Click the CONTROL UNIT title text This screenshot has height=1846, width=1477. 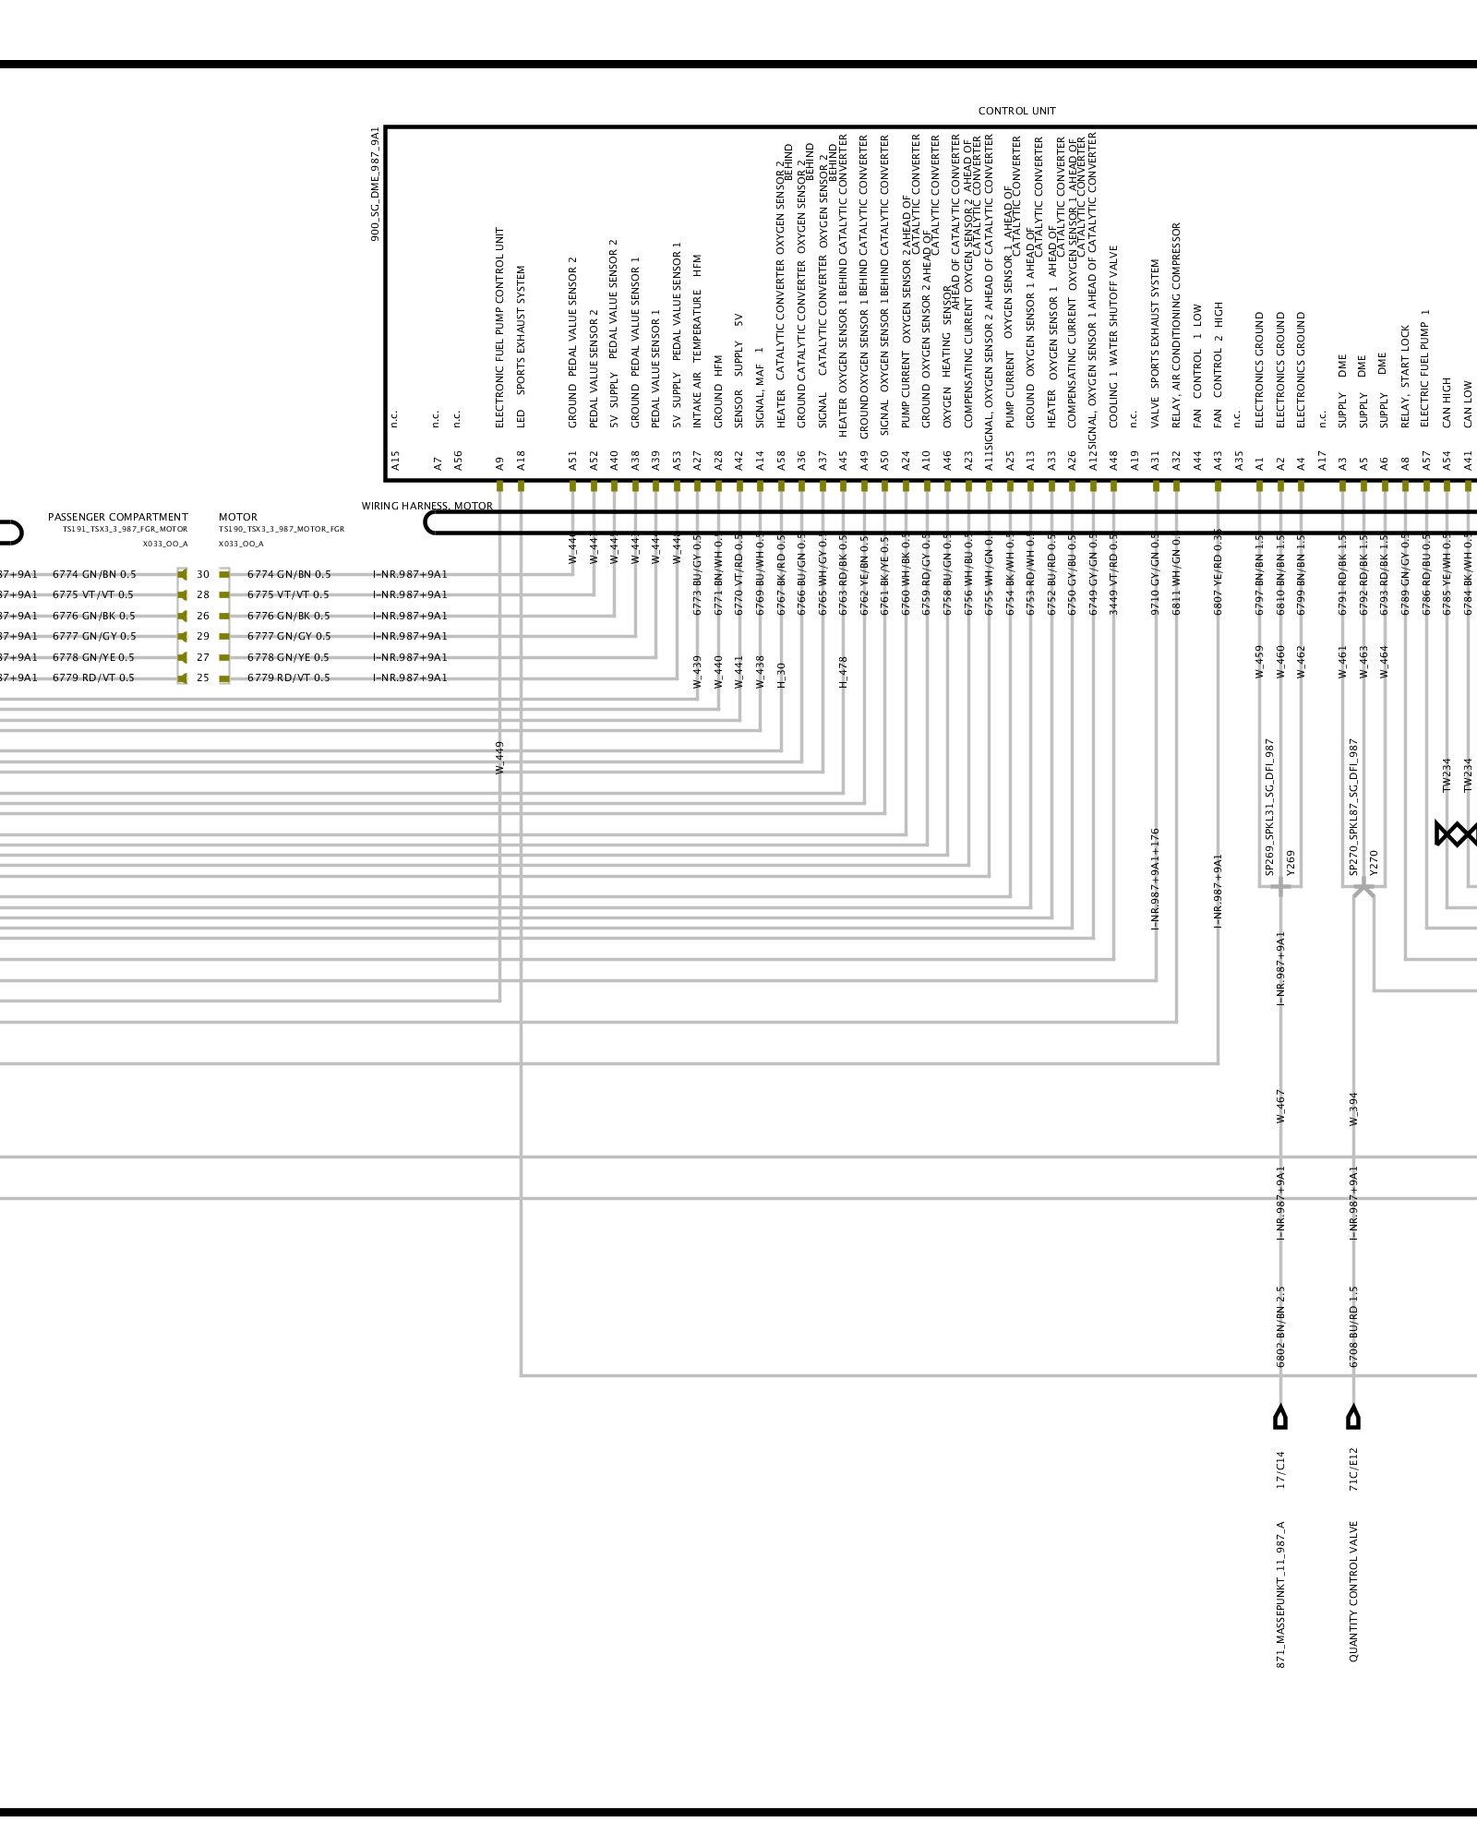tap(1016, 111)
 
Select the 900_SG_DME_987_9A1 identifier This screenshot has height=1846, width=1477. tap(375, 184)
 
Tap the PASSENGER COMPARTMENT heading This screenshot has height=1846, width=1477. tap(118, 517)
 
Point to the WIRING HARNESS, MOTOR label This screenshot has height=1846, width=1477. tap(426, 506)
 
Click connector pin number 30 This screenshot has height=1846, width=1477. tap(203, 574)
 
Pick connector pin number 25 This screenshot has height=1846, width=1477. tap(203, 677)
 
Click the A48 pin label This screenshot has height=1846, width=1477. tap(1113, 461)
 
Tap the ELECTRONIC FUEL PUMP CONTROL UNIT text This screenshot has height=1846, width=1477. tap(499, 328)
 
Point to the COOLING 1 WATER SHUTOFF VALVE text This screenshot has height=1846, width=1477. tap(1113, 336)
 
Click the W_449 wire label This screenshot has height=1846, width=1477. tap(499, 757)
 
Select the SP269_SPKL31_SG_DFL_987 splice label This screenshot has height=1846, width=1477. tap(1269, 807)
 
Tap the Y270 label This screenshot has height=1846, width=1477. tap(1374, 862)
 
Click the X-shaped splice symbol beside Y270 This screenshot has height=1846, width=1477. tap(1363, 889)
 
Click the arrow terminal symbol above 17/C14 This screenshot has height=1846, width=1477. tap(1280, 1417)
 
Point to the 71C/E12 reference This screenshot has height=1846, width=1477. tap(1353, 1468)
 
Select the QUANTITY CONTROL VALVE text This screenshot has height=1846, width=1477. tap(1353, 1591)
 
